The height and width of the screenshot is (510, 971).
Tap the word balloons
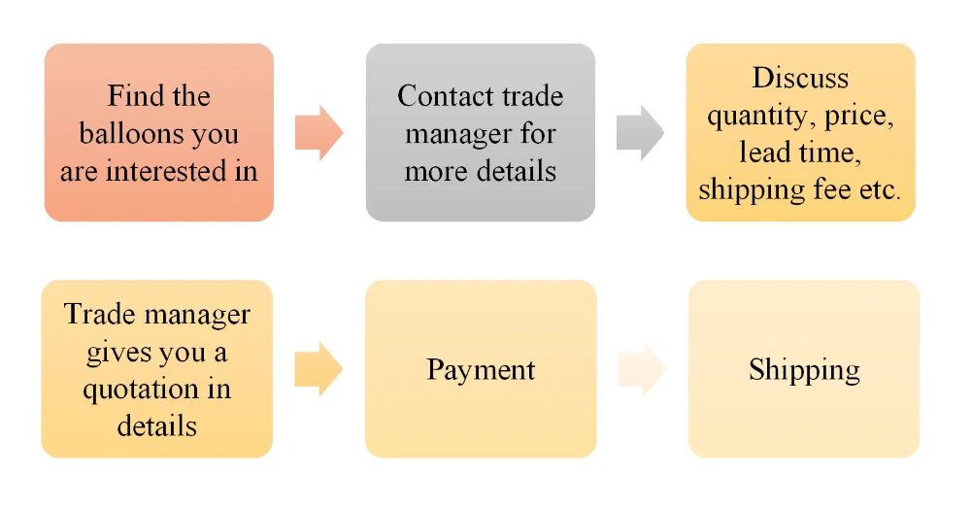(x=132, y=134)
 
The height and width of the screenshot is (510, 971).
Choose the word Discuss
(x=800, y=78)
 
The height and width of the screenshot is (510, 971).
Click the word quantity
(x=760, y=116)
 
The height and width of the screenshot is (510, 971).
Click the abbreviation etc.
(x=878, y=189)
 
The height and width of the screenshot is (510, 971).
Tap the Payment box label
(x=481, y=370)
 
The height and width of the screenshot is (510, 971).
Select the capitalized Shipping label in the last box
(x=804, y=370)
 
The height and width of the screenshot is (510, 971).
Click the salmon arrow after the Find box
(x=318, y=132)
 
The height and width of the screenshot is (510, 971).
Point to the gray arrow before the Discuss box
(x=640, y=132)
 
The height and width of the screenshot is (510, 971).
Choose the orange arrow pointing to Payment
(x=318, y=369)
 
